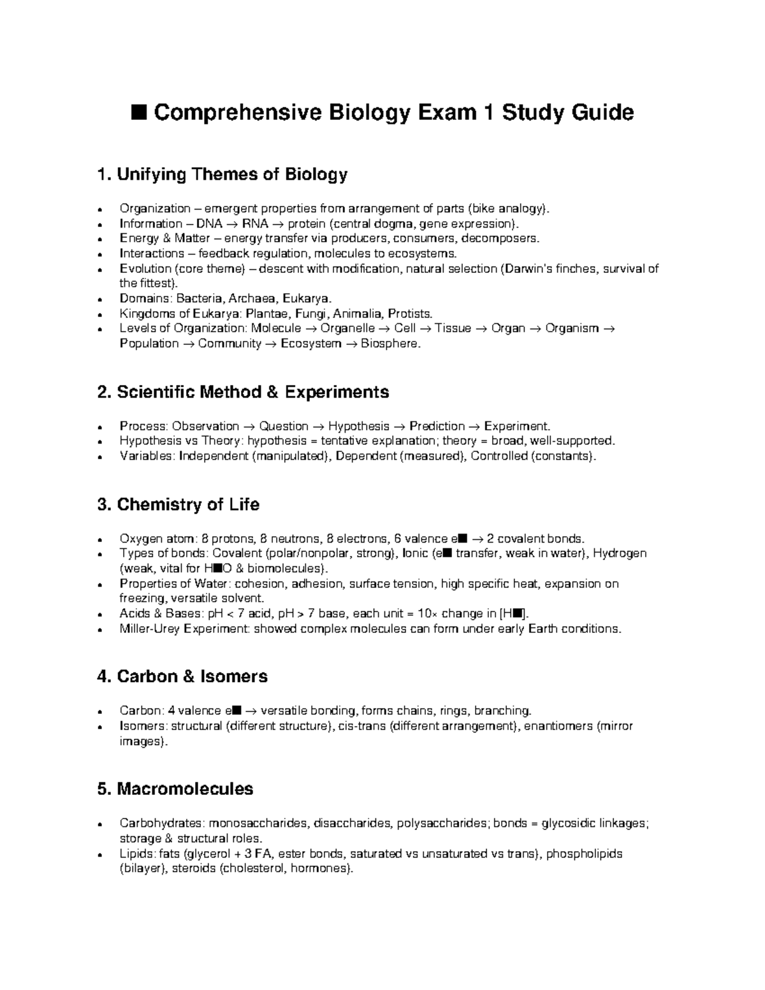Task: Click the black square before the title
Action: [138, 113]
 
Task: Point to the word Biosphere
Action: [390, 344]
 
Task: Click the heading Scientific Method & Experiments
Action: [243, 391]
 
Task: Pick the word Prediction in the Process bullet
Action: [437, 426]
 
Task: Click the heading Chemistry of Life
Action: [178, 504]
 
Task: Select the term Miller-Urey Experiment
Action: [184, 629]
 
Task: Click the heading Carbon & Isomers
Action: [182, 676]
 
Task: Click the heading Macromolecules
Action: [175, 789]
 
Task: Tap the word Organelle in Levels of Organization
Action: [347, 328]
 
